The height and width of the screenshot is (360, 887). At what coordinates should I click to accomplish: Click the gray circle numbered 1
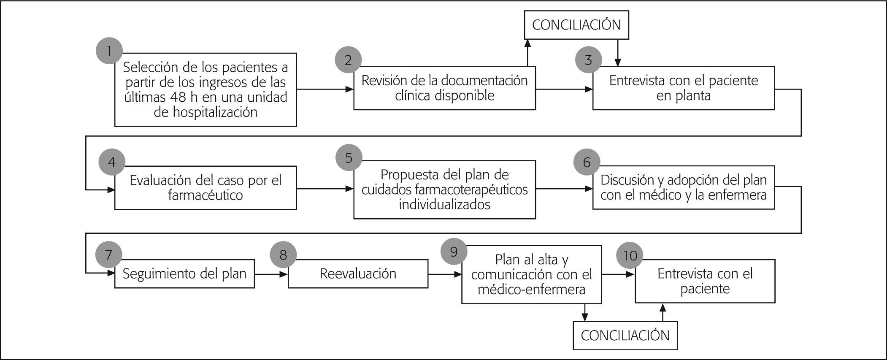(x=109, y=51)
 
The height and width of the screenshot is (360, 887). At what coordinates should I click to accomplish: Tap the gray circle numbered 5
(x=349, y=158)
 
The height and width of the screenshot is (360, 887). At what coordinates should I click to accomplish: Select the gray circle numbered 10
(x=630, y=255)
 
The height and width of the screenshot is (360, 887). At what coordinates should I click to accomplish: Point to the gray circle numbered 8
(x=283, y=255)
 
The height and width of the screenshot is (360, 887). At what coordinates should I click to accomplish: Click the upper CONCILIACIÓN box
(x=576, y=25)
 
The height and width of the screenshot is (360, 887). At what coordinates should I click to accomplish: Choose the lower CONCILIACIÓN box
(x=625, y=336)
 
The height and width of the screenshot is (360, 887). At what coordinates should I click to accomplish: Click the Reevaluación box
(x=358, y=273)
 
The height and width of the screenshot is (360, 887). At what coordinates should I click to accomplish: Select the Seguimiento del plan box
(x=184, y=273)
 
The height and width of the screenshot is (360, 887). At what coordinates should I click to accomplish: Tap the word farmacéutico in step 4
(x=205, y=195)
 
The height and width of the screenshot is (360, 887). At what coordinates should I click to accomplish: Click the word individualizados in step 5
(x=444, y=205)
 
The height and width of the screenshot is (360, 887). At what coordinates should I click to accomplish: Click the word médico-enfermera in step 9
(x=531, y=290)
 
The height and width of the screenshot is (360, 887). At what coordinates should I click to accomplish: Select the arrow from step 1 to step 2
(x=325, y=89)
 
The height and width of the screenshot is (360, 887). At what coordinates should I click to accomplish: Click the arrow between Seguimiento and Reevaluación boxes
(x=271, y=274)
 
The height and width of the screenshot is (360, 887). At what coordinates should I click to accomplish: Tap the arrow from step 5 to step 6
(x=564, y=189)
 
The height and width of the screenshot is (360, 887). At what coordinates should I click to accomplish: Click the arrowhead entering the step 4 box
(x=111, y=190)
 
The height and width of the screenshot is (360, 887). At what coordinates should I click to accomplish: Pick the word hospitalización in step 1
(x=205, y=112)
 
